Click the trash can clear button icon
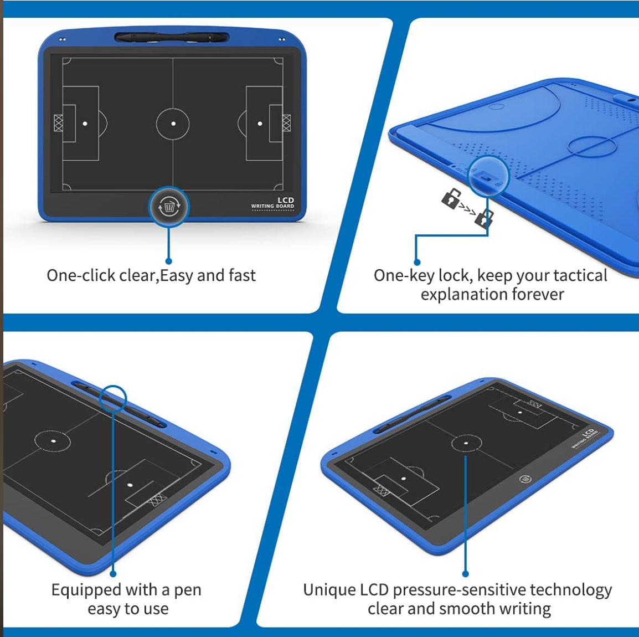pos(169,207)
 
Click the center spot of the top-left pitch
pos(173,124)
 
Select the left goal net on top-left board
pos(58,123)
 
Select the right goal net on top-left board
pos(286,123)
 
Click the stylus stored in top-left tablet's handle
pos(172,38)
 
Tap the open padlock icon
pos(452,198)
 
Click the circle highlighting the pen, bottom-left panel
pos(114,398)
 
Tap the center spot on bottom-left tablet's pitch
pos(53,441)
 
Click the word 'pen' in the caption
pos(188,589)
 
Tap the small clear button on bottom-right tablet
pos(525,479)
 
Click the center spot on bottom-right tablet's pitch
pos(466,443)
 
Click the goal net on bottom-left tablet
pos(158,500)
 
